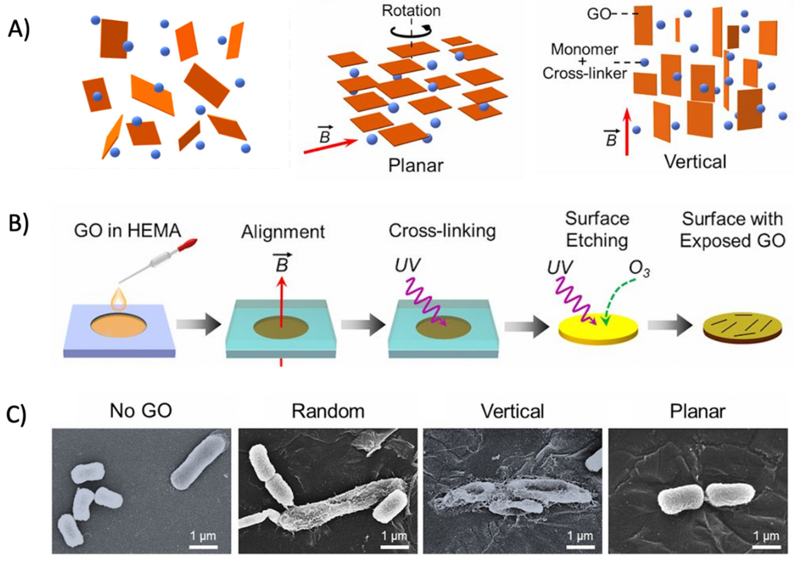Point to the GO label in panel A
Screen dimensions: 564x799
[599, 14]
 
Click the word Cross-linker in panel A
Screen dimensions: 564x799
[585, 73]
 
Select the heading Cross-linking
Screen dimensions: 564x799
[442, 231]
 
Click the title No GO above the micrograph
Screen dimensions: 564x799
[141, 411]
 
